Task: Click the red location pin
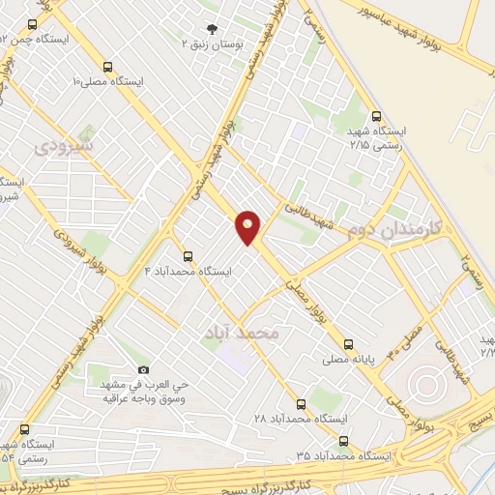click(x=248, y=226)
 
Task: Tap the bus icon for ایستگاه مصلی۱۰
click(x=107, y=68)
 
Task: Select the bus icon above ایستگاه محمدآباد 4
click(x=188, y=257)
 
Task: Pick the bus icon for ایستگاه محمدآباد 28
click(x=302, y=404)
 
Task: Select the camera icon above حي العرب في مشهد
click(x=143, y=369)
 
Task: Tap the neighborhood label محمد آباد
click(x=241, y=333)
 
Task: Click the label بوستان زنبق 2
click(x=214, y=44)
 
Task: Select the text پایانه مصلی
click(x=349, y=359)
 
